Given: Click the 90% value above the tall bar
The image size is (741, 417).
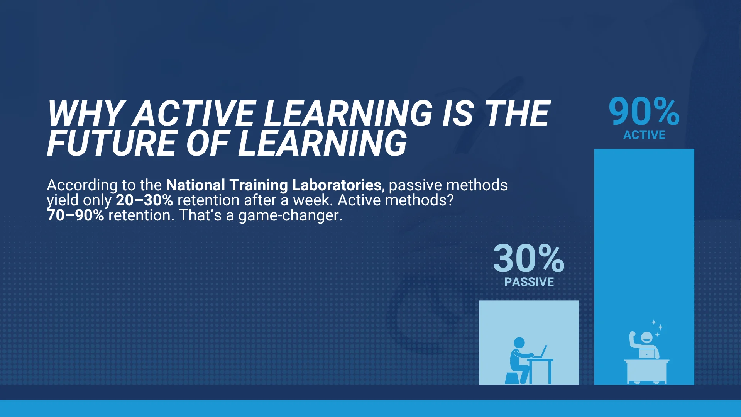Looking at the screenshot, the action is pyautogui.click(x=644, y=112).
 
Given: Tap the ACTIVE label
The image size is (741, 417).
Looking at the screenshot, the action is pyautogui.click(x=644, y=135).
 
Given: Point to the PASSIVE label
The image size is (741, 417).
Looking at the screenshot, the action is pyautogui.click(x=529, y=282).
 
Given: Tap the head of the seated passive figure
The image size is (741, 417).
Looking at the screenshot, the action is pyautogui.click(x=519, y=343).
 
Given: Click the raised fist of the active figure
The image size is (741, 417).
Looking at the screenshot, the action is pyautogui.click(x=633, y=334).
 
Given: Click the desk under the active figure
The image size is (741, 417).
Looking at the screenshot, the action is pyautogui.click(x=647, y=372).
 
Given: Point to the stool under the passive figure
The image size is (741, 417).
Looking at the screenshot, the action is pyautogui.click(x=513, y=378).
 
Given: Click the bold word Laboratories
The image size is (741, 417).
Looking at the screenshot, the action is pyautogui.click(x=337, y=185).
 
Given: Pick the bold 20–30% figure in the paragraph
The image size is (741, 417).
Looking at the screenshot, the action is pyautogui.click(x=144, y=200).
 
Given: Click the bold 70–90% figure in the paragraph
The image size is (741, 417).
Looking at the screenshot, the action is pyautogui.click(x=75, y=215).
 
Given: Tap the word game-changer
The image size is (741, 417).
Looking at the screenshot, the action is pyautogui.click(x=290, y=215).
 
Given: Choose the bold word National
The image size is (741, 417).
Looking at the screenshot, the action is pyautogui.click(x=195, y=185).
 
